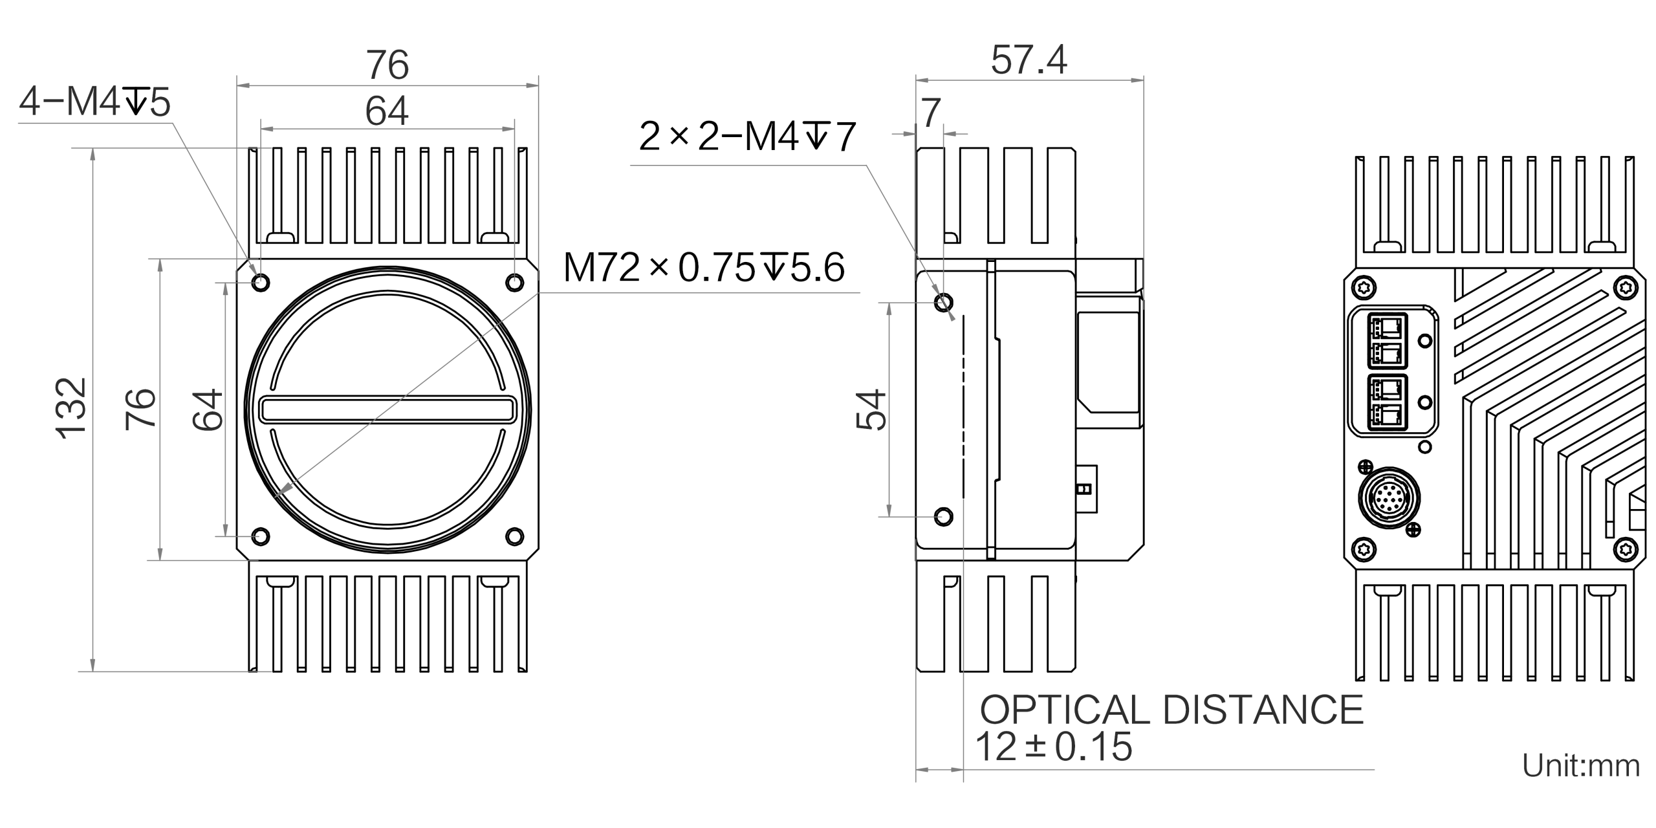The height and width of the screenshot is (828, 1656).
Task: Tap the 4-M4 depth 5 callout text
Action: [95, 103]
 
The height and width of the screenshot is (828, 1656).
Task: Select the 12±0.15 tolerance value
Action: [1054, 746]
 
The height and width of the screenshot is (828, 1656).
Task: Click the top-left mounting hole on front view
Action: [262, 282]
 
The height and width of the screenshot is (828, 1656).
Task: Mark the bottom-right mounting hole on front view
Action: [515, 536]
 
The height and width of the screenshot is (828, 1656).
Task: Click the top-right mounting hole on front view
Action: [515, 282]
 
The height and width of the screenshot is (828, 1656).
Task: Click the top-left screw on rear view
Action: [1364, 288]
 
